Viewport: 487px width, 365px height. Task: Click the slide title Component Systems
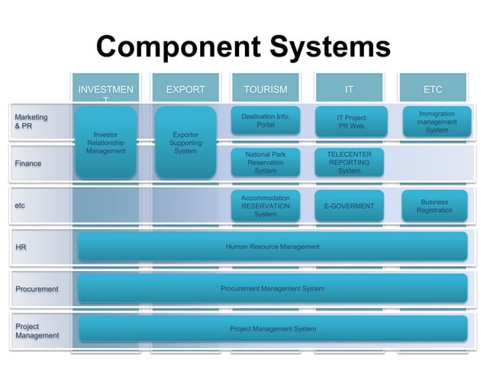click(243, 47)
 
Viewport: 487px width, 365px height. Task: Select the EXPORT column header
click(185, 89)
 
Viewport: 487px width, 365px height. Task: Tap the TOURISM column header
click(266, 89)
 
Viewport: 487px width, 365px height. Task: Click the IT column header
click(349, 89)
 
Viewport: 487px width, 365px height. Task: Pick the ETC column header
click(433, 89)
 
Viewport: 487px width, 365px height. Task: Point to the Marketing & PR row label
click(31, 121)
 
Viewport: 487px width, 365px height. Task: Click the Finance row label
click(28, 163)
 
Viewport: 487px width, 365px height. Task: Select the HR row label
click(21, 247)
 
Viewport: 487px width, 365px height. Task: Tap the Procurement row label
click(37, 289)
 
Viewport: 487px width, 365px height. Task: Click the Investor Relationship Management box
click(105, 143)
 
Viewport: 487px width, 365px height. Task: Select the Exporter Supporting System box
click(185, 143)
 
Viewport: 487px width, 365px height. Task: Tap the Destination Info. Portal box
click(266, 121)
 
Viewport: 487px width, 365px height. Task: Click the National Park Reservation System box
click(266, 163)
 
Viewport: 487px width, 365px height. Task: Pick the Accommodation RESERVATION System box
click(266, 205)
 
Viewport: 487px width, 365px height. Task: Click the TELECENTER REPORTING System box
click(349, 163)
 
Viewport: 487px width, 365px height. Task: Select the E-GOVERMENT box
click(349, 206)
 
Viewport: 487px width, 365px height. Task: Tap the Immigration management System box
click(437, 121)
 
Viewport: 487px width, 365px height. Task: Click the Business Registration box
click(434, 206)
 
